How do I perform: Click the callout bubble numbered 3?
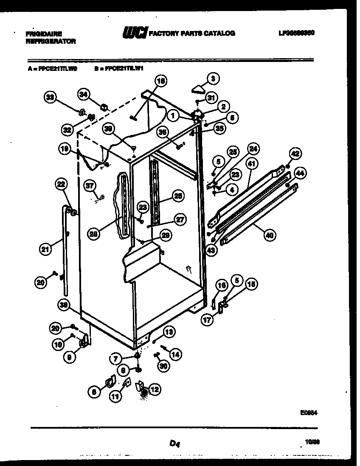[x=213, y=78]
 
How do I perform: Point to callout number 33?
[x=51, y=98]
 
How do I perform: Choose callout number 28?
[x=95, y=233]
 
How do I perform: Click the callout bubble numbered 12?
[x=155, y=388]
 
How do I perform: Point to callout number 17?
[x=207, y=320]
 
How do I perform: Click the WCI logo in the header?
[x=135, y=33]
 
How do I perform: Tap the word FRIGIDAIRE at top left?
[x=44, y=33]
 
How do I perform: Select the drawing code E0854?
[x=311, y=411]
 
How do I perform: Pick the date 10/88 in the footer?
[x=312, y=442]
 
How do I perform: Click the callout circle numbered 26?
[x=179, y=196]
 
